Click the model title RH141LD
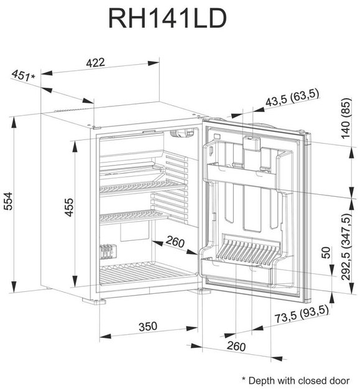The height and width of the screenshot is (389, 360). point(167,19)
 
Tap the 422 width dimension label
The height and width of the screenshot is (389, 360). point(95,62)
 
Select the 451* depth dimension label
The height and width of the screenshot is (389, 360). point(23,75)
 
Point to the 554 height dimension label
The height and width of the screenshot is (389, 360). point(9,201)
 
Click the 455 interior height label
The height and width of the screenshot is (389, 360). point(68,207)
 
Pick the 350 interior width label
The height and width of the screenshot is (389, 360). point(148,327)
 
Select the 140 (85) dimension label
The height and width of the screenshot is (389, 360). point(346,119)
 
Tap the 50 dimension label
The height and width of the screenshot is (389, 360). point(327,253)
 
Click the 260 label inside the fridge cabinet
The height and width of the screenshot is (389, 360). point(175,241)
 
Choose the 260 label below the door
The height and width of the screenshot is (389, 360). point(236,346)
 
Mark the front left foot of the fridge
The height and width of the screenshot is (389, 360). point(94,301)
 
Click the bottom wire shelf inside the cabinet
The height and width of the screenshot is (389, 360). point(146,274)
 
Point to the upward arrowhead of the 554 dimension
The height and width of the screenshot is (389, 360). point(14,123)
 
